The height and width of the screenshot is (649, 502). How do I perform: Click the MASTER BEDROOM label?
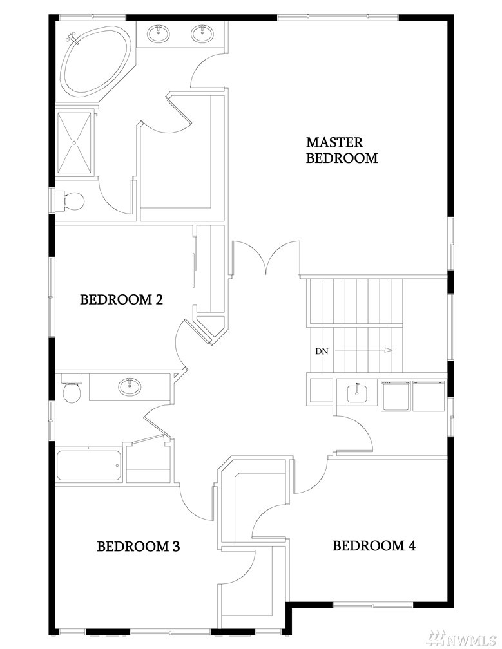[x=342, y=150]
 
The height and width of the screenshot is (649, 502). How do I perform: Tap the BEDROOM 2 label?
[x=121, y=299]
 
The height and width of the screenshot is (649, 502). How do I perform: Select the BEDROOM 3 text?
[x=139, y=547]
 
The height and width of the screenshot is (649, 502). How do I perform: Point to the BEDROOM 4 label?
[x=374, y=545]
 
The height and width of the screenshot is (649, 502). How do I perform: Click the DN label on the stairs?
[x=322, y=352]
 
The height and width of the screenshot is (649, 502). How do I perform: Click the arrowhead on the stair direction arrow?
[x=388, y=350]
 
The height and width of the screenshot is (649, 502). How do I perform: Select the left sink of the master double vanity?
[x=159, y=33]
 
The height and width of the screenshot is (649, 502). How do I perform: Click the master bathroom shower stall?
[x=75, y=142]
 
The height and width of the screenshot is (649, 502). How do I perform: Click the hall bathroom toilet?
[x=72, y=389]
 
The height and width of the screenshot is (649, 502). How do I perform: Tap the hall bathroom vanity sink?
[x=130, y=387]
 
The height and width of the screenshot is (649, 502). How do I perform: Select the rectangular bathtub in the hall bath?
[x=89, y=466]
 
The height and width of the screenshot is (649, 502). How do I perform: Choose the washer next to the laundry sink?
[x=396, y=396]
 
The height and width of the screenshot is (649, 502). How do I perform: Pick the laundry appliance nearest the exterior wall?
[x=429, y=396]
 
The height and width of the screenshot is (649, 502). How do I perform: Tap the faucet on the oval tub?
[x=72, y=39]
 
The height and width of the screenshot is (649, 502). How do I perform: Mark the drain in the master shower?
[x=75, y=142]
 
